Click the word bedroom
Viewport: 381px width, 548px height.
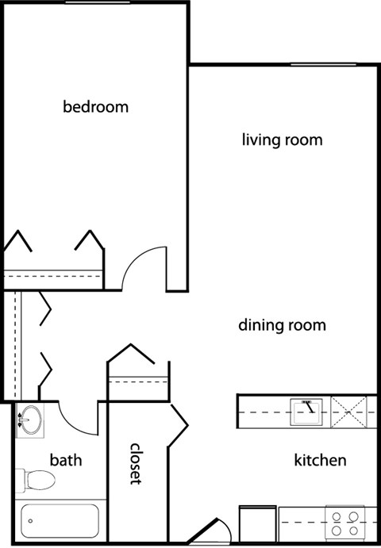tap(95, 106)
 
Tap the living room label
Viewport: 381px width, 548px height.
tap(282, 140)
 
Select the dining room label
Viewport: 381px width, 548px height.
tap(282, 325)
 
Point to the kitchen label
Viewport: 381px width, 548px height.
tap(320, 460)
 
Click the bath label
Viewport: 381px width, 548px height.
tap(66, 460)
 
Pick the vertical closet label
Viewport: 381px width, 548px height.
tap(136, 464)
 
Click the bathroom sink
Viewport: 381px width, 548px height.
tap(30, 420)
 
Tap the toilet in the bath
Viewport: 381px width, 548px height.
tap(36, 481)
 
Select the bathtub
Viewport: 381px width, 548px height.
tap(60, 521)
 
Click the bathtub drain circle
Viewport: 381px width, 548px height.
tap(30, 521)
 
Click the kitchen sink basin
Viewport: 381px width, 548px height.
tap(306, 412)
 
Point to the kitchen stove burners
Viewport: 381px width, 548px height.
tap(345, 523)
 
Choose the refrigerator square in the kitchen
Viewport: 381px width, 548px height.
tap(258, 523)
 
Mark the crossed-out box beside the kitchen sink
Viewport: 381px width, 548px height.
tap(348, 412)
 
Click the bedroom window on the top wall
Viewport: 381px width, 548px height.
tap(98, 2)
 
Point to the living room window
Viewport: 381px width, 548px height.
tap(324, 64)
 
